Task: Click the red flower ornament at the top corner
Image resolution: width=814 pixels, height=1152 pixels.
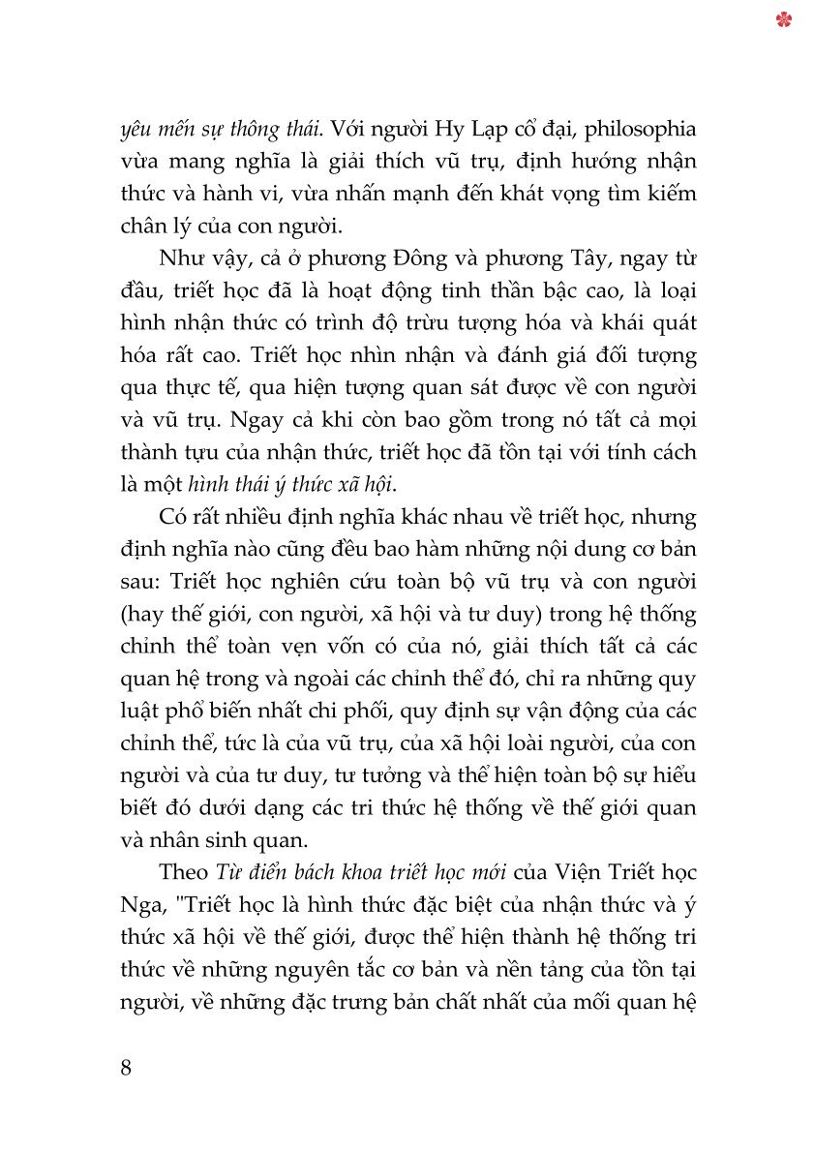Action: (x=783, y=18)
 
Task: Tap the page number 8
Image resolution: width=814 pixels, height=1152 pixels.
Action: (x=125, y=1068)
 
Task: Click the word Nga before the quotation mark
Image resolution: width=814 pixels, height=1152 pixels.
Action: (x=138, y=906)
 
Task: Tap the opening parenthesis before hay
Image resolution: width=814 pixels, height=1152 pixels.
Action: (x=123, y=614)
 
